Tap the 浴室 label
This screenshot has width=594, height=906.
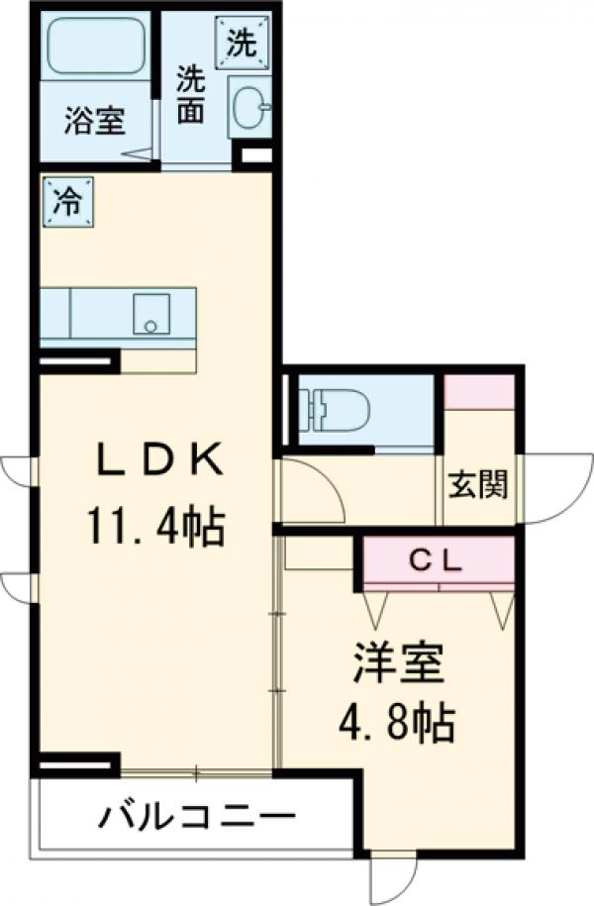(x=95, y=123)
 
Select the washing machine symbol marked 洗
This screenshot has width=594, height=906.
(x=243, y=42)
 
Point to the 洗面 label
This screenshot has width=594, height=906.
(x=191, y=95)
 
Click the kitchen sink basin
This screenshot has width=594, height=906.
(x=150, y=313)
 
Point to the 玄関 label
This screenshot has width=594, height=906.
(x=479, y=485)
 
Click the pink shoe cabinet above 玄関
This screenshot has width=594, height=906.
(x=479, y=392)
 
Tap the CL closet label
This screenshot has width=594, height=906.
(x=437, y=561)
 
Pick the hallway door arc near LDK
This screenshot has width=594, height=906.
(x=315, y=493)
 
